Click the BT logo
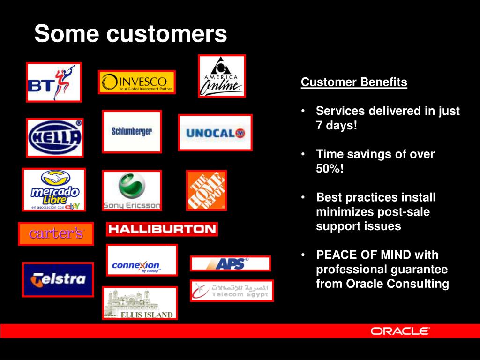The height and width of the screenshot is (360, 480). (54, 82)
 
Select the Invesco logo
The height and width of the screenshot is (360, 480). (137, 82)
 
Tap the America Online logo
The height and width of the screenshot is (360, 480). (222, 76)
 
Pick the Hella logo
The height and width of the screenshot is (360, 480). (55, 137)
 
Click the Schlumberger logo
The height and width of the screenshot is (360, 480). (132, 131)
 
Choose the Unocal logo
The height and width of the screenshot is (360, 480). (215, 133)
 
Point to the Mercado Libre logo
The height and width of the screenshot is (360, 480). (54, 189)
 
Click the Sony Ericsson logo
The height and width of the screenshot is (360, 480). (132, 190)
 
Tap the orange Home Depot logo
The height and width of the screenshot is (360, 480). (206, 190)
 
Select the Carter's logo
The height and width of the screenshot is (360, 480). (56, 233)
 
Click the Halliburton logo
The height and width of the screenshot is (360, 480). (162, 229)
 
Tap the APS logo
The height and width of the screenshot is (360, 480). (230, 263)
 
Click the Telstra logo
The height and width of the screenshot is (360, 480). (58, 279)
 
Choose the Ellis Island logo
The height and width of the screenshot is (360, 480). (140, 303)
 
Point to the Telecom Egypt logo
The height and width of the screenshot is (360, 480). (232, 291)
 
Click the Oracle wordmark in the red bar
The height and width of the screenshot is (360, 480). (400, 331)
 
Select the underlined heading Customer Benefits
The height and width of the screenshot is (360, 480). (354, 82)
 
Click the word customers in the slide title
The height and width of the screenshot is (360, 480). (166, 34)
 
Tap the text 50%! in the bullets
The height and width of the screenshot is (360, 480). (330, 169)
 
